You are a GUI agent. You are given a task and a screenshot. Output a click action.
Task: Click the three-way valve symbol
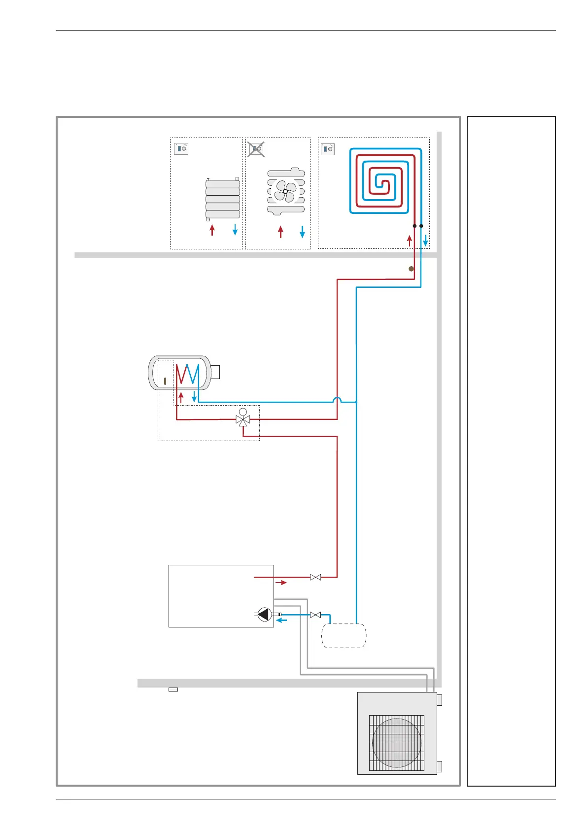(243, 420)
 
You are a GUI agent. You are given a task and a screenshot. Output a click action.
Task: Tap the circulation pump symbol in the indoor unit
(265, 614)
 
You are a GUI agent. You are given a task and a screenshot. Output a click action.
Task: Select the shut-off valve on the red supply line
(315, 577)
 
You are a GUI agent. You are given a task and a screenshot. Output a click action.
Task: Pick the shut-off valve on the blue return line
(315, 615)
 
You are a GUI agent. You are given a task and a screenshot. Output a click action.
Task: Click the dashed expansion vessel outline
(344, 635)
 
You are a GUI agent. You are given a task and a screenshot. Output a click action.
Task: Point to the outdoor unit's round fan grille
(397, 743)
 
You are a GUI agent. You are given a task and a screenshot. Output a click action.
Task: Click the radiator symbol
(222, 199)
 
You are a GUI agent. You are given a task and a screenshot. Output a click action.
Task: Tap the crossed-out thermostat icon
(256, 148)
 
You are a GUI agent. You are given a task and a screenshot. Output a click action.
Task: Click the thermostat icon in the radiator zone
(181, 148)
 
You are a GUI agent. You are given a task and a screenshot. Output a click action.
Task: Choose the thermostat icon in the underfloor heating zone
(328, 148)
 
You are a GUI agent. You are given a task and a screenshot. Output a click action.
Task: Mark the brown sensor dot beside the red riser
(411, 269)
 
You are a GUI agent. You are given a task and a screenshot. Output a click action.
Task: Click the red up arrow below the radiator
(212, 230)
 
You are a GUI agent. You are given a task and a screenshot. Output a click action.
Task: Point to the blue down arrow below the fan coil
(302, 231)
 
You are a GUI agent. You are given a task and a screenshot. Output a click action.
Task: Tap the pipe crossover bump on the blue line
(338, 400)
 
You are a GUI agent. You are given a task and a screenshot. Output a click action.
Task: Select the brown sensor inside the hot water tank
(165, 381)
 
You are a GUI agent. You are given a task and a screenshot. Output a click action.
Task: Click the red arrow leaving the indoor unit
(281, 583)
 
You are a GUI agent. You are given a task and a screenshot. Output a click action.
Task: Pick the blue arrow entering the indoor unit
(281, 620)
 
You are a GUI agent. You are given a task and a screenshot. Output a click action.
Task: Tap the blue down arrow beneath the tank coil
(194, 396)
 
